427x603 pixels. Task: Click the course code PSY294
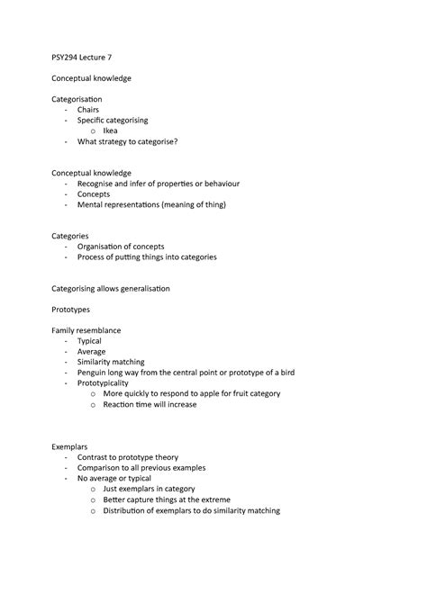[x=64, y=58]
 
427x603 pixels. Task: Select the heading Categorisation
[x=77, y=99]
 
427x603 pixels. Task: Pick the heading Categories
[x=69, y=236]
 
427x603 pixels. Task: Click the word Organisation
[x=103, y=246]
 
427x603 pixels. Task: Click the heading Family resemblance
[x=86, y=330]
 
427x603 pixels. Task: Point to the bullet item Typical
[x=89, y=341]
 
